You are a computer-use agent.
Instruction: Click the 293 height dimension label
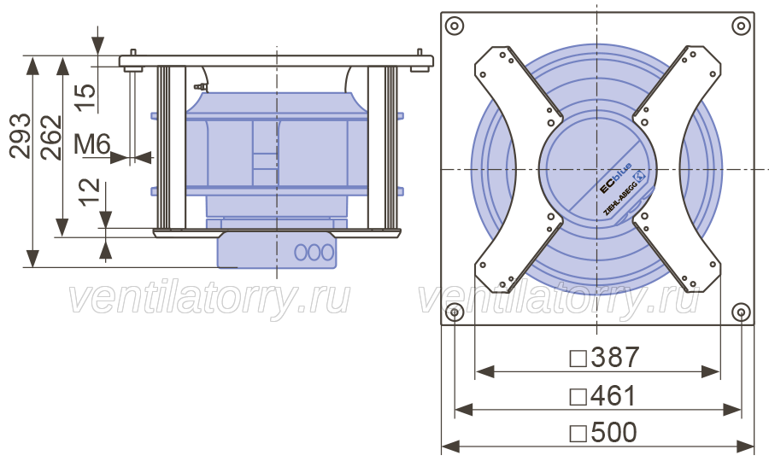pyautogui.click(x=21, y=137)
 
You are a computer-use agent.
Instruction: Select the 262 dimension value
pyautogui.click(x=51, y=137)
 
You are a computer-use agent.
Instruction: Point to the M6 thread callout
pyautogui.click(x=92, y=144)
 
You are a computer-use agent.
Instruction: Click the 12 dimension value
pyautogui.click(x=90, y=192)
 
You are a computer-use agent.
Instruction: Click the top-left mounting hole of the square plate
pyautogui.click(x=455, y=26)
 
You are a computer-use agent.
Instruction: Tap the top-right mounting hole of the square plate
pyautogui.click(x=741, y=26)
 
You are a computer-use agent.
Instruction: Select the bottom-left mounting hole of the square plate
pyautogui.click(x=455, y=312)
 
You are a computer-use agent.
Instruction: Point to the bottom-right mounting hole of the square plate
pyautogui.click(x=741, y=312)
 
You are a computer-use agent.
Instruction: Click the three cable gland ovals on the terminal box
pyautogui.click(x=314, y=253)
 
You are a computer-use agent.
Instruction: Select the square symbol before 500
pyautogui.click(x=578, y=434)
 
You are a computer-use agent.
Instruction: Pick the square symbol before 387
pyautogui.click(x=578, y=359)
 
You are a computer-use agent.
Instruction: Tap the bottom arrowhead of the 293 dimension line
pyautogui.click(x=32, y=258)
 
